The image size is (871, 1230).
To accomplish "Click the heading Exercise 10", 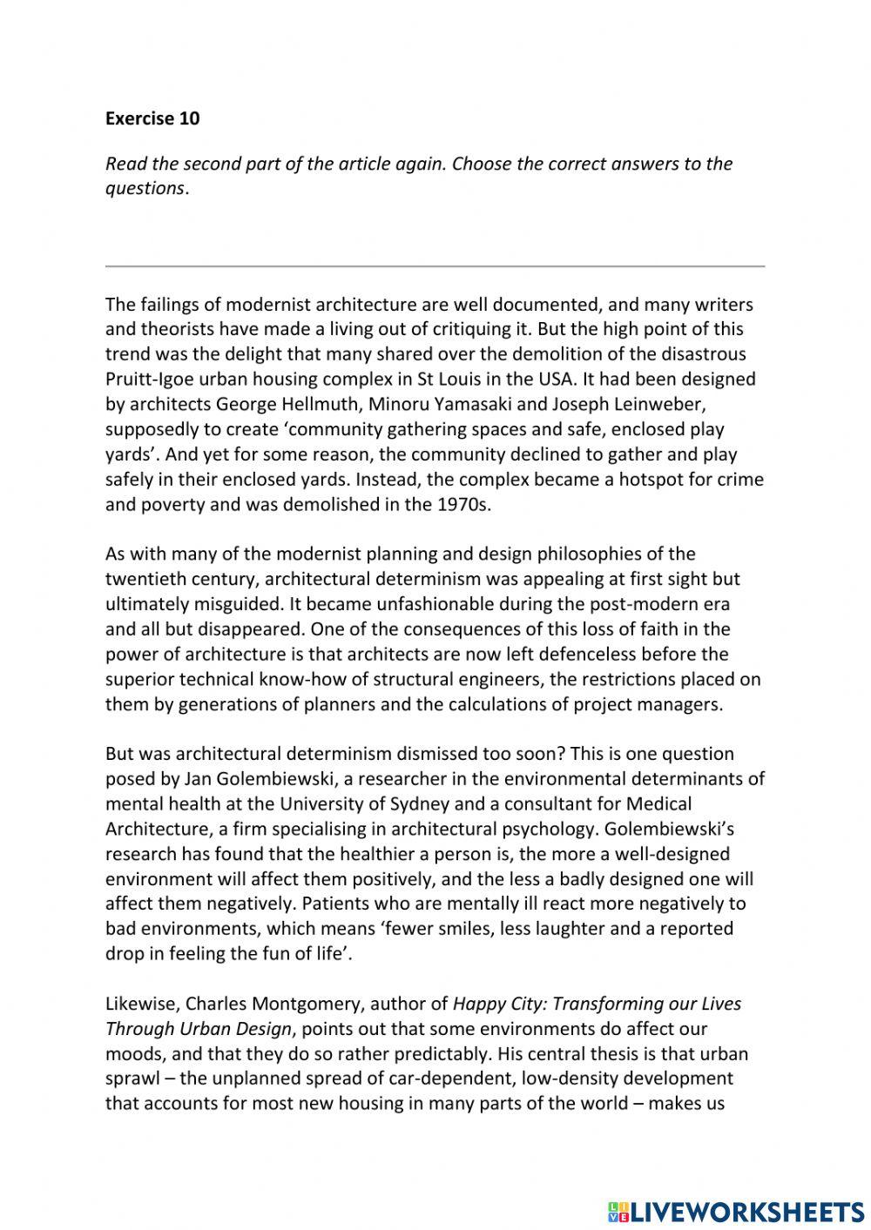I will pyautogui.click(x=152, y=119).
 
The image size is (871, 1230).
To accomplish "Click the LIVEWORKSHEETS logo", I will pyautogui.click(x=735, y=1211).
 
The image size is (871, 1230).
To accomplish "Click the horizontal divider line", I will pyautogui.click(x=435, y=265).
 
